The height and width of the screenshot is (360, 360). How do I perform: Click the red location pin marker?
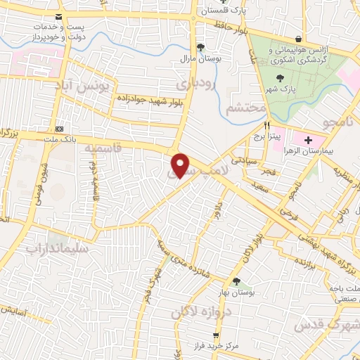[181, 165]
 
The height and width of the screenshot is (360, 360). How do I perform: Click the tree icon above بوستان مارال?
[202, 47]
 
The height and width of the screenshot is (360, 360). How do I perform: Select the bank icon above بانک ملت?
[59, 129]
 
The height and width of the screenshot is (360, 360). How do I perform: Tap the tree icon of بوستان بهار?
[236, 281]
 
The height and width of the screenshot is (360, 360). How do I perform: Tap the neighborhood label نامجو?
[335, 123]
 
